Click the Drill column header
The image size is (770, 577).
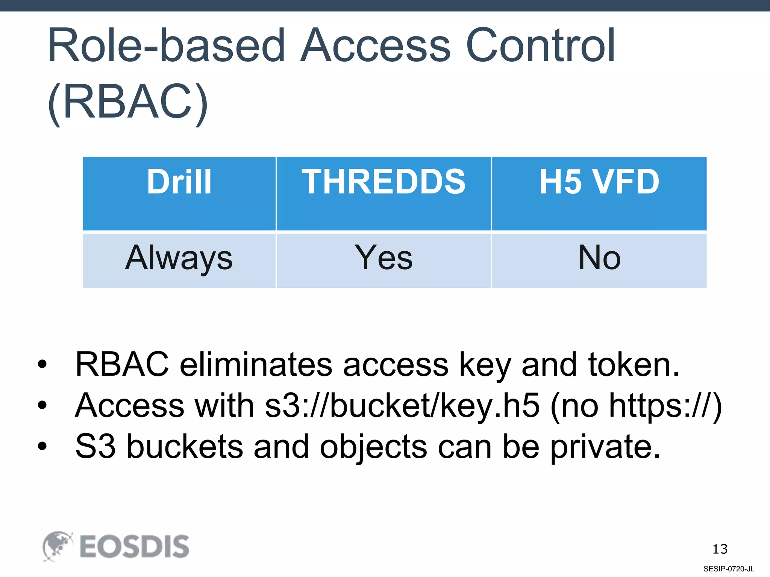[x=179, y=182]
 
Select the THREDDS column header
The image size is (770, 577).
[x=383, y=182]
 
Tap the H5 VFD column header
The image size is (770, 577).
[x=599, y=182]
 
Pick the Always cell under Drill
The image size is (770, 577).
[x=179, y=258]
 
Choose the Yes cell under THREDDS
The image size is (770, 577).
[x=383, y=258]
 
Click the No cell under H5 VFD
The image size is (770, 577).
[x=599, y=258]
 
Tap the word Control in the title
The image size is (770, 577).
[x=540, y=46]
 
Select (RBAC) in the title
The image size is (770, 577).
[x=128, y=102]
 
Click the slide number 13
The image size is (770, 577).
[x=720, y=549]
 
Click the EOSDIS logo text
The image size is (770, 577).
[x=134, y=547]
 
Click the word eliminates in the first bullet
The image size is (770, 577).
[x=256, y=364]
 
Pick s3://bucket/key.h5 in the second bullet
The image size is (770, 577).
[x=402, y=405]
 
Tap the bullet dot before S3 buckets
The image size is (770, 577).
[x=42, y=446]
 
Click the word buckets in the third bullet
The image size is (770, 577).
[x=185, y=447]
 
